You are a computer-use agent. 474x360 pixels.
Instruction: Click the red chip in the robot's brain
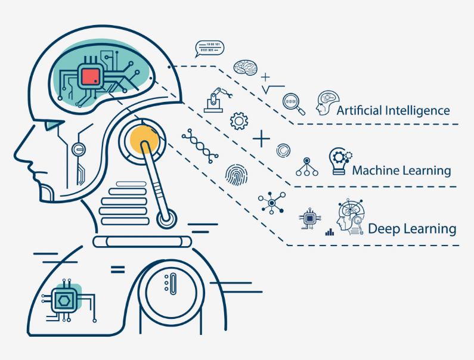pyautogui.click(x=91, y=76)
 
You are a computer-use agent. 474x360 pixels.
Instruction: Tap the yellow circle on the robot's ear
pyautogui.click(x=144, y=139)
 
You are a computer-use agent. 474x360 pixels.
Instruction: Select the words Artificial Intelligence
pyautogui.click(x=393, y=111)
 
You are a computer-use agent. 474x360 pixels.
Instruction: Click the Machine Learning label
pyautogui.click(x=401, y=170)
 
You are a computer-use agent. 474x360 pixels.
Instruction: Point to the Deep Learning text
pyautogui.click(x=412, y=229)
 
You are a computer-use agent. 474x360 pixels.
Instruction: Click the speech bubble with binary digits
pyautogui.click(x=209, y=49)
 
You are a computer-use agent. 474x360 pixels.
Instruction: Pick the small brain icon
pyautogui.click(x=245, y=67)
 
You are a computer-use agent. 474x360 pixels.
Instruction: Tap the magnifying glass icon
pyautogui.click(x=293, y=104)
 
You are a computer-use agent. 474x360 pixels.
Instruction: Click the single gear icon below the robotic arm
pyautogui.click(x=239, y=121)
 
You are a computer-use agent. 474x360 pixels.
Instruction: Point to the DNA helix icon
pyautogui.click(x=200, y=145)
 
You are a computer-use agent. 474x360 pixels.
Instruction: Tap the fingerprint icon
pyautogui.click(x=236, y=175)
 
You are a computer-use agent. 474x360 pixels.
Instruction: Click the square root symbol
pyautogui.click(x=273, y=89)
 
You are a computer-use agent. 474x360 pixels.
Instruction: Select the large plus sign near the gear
pyautogui.click(x=261, y=139)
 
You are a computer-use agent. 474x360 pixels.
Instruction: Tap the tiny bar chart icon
pyautogui.click(x=330, y=232)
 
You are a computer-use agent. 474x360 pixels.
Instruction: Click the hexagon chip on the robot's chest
pyautogui.click(x=64, y=300)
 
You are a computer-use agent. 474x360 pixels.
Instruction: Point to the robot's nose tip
pyautogui.click(x=15, y=156)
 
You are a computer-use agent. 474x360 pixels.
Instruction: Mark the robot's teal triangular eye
pyautogui.click(x=53, y=125)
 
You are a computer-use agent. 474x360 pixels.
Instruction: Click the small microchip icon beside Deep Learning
pyautogui.click(x=309, y=218)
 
